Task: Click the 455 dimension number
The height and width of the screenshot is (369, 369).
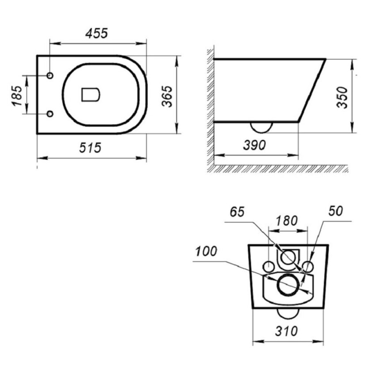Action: (96, 33)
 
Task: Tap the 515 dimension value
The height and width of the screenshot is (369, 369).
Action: (90, 148)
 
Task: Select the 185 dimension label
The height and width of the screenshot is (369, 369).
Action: (17, 96)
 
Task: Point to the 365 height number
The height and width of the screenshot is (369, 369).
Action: (167, 96)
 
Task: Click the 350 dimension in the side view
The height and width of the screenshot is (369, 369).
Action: (342, 98)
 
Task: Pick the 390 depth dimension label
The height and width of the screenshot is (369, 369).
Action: (254, 145)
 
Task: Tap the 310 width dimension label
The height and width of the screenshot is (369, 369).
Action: (286, 331)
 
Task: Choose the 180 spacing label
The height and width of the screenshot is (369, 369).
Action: (287, 221)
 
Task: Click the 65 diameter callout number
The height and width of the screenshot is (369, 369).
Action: (237, 212)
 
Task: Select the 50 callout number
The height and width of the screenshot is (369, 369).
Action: (335, 211)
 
